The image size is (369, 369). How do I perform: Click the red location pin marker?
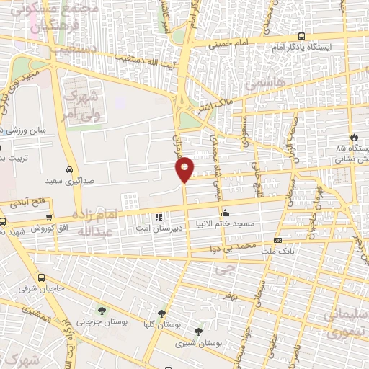pos(184,169)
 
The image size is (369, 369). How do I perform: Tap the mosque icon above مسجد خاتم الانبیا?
pos(226,213)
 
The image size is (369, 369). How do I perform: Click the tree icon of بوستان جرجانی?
pos(101,311)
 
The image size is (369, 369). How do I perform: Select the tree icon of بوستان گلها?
pos(161,314)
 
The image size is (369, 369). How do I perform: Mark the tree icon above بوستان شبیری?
pos(198,332)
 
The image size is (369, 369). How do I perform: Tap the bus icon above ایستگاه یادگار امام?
pos(301,36)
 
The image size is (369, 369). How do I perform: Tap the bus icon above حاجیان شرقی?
pos(41,277)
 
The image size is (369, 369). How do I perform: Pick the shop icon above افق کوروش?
pos(49,218)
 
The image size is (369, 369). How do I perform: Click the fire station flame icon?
pos(353,137)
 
